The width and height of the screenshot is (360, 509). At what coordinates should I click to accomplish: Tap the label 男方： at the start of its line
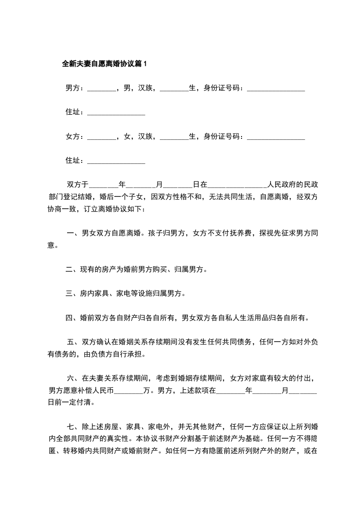tap(75, 88)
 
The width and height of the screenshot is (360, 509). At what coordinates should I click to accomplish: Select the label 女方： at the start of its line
tap(75, 136)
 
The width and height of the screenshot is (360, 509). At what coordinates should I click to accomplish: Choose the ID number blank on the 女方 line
tap(276, 137)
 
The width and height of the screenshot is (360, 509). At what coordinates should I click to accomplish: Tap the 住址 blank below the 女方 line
tap(116, 161)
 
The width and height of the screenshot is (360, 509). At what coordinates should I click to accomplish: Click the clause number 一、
tap(73, 233)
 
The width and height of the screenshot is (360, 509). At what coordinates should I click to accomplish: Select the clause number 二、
tap(72, 269)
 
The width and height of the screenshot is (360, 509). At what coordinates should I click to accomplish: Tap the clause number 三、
tap(72, 294)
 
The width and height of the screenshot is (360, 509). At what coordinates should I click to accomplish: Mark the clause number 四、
tap(72, 318)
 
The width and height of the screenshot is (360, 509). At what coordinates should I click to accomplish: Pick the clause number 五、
tap(74, 342)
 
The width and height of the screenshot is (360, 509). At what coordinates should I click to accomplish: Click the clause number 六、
tap(74, 378)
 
